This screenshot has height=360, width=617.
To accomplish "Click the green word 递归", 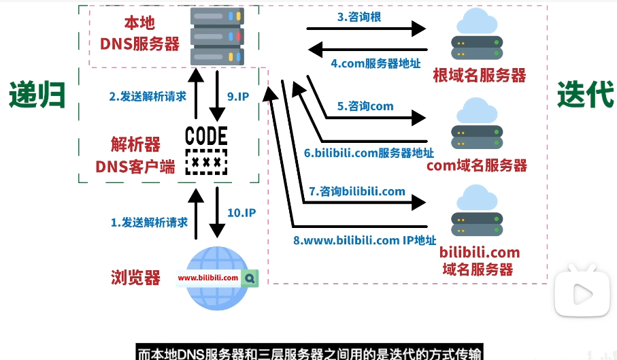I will click(37, 95).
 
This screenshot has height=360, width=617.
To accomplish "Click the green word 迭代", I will click(585, 95).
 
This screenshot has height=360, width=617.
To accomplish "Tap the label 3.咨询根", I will click(358, 17).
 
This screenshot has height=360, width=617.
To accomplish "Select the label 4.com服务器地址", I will click(376, 63).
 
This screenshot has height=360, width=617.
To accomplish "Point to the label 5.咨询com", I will click(365, 106).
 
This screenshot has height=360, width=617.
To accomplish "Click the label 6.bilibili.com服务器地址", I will click(369, 153).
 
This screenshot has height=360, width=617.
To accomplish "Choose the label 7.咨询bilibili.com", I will click(357, 191).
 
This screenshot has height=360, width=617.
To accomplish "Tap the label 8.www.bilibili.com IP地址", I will click(365, 240).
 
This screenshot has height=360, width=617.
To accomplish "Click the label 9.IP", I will click(239, 97).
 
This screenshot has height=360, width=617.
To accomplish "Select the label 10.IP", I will click(241, 213).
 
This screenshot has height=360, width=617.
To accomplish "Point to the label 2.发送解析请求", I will click(148, 97).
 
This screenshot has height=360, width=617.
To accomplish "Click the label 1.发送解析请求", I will click(149, 222).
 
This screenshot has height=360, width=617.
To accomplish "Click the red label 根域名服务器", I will click(480, 76).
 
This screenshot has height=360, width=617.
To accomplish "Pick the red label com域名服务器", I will click(477, 165).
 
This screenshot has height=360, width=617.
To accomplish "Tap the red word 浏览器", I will click(136, 278).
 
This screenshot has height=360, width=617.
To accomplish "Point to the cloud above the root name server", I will click(477, 22).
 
